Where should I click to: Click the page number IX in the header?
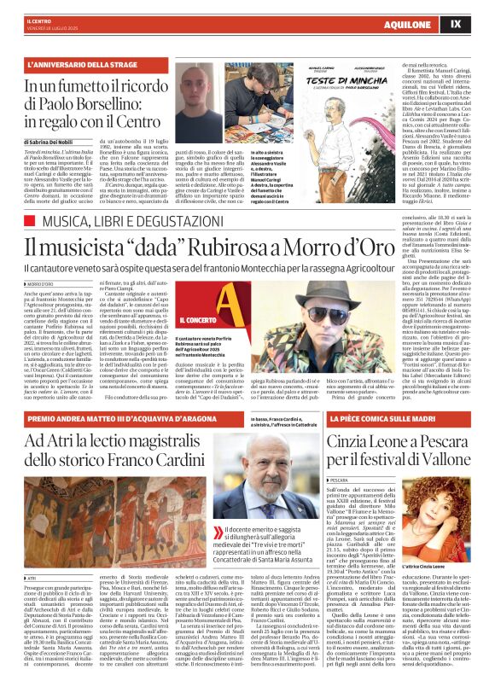[x=479, y=24]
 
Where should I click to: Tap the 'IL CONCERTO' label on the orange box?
[x=202, y=320]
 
